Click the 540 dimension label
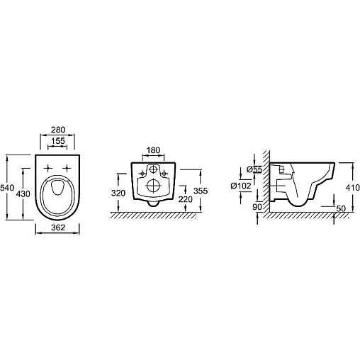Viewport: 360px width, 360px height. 7,188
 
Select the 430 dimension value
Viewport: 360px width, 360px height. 23,194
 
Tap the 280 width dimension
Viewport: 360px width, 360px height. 58,130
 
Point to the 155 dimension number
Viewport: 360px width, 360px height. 58,141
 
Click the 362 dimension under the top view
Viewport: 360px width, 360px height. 58,227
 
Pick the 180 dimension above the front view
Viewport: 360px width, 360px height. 153,150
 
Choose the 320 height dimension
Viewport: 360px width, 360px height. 118,193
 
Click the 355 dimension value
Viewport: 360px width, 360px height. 201,191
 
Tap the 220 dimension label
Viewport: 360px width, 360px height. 186,200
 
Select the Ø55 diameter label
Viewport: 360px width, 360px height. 254,169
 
